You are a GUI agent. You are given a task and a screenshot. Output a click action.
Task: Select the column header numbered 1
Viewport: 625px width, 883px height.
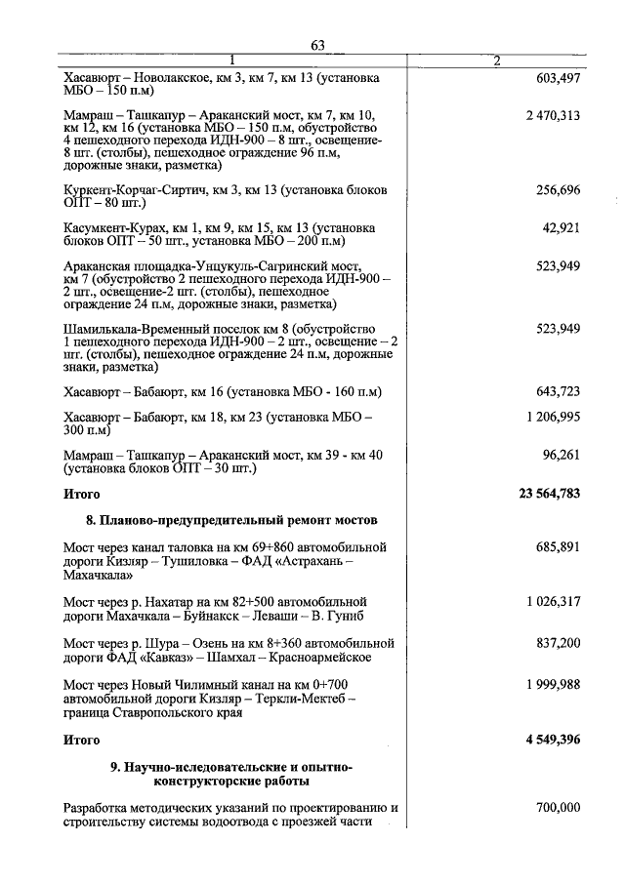click(232, 61)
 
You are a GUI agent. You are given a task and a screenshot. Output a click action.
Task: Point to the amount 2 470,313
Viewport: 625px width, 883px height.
click(552, 116)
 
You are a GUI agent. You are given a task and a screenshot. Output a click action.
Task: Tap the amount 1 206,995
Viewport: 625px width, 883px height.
click(552, 417)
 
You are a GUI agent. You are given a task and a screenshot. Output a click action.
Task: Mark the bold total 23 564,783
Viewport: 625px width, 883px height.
click(549, 494)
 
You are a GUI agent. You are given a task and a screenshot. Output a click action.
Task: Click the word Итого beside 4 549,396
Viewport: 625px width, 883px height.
click(82, 740)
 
